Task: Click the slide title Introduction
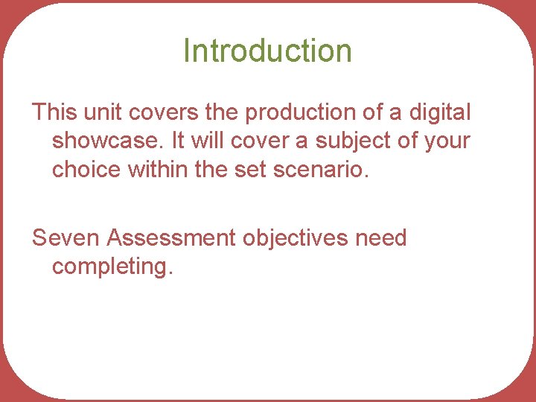click(x=267, y=51)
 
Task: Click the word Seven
click(x=66, y=238)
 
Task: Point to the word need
click(x=381, y=238)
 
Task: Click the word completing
click(x=112, y=267)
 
